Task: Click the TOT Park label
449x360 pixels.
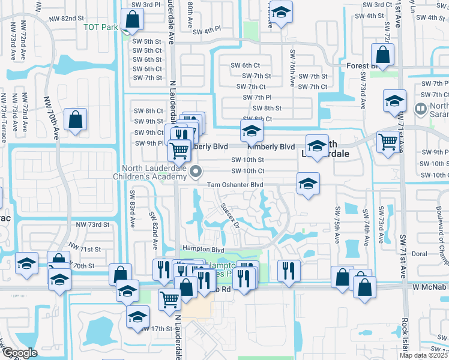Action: [100, 28]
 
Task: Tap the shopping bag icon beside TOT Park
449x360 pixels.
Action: [132, 20]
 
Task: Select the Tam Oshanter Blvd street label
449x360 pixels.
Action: [236, 185]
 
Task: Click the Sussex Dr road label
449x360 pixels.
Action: [229, 215]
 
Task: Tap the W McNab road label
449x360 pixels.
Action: [429, 289]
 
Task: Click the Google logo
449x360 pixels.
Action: [19, 353]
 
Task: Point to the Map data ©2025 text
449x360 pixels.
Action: [424, 355]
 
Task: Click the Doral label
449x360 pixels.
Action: [420, 254]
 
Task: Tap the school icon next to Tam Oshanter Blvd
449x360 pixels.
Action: [308, 183]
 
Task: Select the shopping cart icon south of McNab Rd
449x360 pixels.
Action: [170, 299]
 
